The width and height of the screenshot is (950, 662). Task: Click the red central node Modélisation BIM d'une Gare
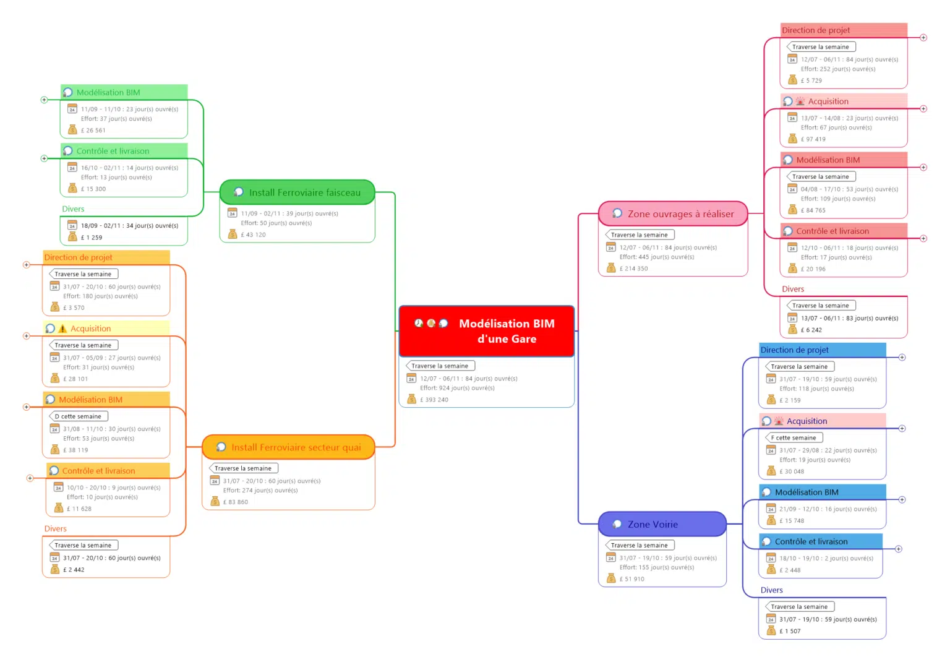(487, 331)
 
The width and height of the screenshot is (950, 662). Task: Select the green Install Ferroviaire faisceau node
(297, 192)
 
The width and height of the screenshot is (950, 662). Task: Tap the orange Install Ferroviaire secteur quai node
(289, 447)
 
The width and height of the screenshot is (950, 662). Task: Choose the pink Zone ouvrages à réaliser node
(673, 214)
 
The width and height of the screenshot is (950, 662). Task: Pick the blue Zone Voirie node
(662, 525)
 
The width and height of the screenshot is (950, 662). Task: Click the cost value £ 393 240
(434, 400)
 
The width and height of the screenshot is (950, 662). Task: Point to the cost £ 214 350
(633, 269)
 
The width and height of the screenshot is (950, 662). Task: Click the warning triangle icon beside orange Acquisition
(62, 329)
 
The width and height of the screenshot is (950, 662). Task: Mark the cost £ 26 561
(93, 131)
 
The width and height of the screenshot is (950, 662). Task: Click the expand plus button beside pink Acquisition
(923, 109)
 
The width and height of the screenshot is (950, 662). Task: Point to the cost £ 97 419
(813, 140)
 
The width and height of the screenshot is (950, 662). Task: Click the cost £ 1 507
(790, 632)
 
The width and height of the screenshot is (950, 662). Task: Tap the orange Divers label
(56, 529)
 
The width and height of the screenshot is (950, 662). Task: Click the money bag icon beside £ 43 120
(233, 234)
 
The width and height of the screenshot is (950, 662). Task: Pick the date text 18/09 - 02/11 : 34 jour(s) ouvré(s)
(129, 226)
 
